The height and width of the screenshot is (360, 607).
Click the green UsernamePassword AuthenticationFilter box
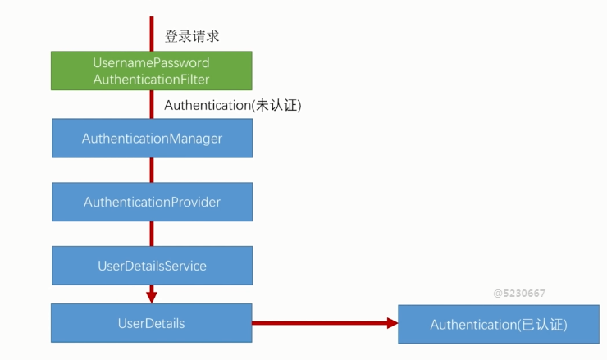(x=152, y=71)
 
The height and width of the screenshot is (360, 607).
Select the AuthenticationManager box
(x=152, y=139)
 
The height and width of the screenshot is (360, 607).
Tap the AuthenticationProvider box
(x=152, y=202)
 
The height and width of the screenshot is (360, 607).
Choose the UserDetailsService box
(x=152, y=266)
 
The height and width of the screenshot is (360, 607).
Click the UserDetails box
(x=152, y=323)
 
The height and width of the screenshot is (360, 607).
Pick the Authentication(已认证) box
(x=498, y=325)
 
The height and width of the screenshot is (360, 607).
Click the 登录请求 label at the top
(x=192, y=36)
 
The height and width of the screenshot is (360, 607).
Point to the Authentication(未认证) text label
(x=233, y=105)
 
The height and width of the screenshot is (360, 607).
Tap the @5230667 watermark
(x=519, y=293)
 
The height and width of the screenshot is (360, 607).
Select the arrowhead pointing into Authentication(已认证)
(x=391, y=323)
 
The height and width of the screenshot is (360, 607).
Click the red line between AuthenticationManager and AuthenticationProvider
(x=152, y=170)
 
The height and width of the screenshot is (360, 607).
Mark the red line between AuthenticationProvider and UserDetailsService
(x=152, y=234)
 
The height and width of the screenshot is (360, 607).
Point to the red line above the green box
(x=152, y=33)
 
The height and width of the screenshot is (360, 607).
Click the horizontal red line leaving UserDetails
(x=320, y=323)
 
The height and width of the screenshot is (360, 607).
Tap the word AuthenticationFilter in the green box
(x=152, y=79)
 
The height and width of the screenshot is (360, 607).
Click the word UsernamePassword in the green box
(x=152, y=63)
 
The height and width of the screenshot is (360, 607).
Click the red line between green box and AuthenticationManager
(x=152, y=104)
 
